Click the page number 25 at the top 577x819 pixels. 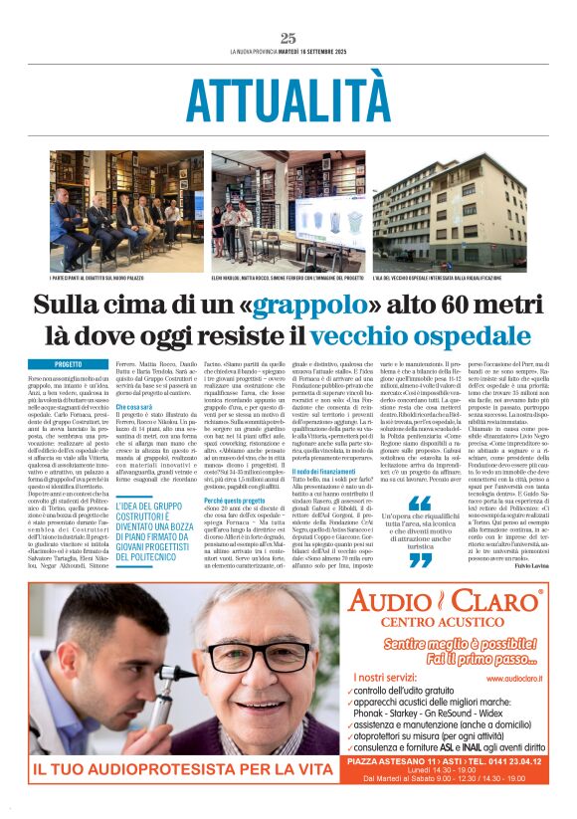(288, 38)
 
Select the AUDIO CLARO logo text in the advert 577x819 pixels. (443, 600)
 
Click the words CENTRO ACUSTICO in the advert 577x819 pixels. (443, 625)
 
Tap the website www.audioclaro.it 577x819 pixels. (514, 677)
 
